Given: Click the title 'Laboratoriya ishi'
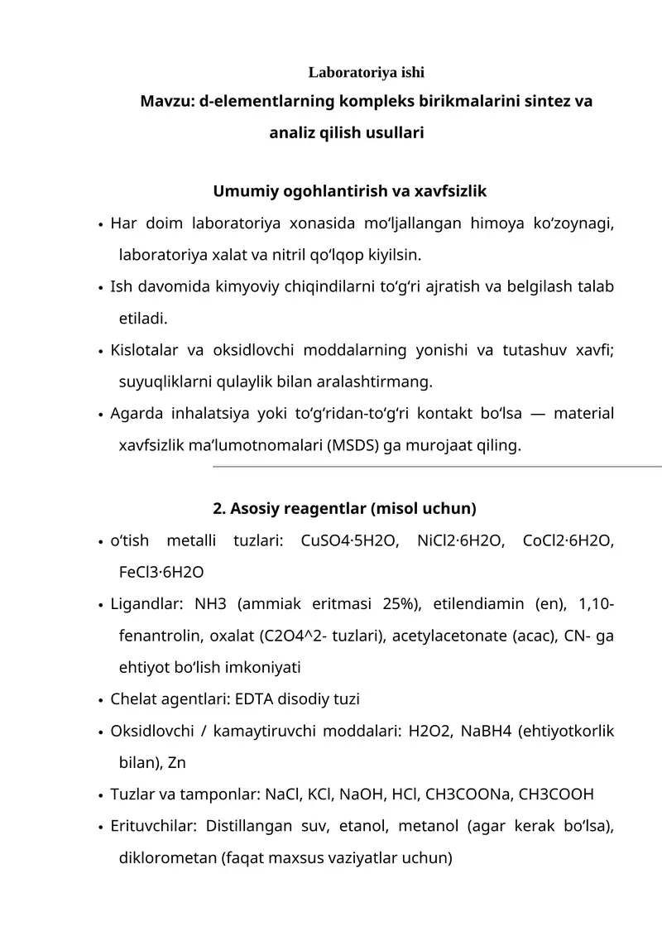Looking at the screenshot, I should click(x=367, y=73).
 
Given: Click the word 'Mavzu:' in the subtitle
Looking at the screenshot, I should click(x=167, y=102).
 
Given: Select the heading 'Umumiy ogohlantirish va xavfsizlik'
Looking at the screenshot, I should click(x=350, y=191).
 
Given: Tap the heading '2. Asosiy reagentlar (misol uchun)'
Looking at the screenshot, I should click(x=344, y=506).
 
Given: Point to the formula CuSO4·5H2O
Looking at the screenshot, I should click(x=350, y=541).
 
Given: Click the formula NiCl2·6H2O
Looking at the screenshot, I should click(x=461, y=541).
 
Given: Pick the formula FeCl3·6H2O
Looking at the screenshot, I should click(x=161, y=572).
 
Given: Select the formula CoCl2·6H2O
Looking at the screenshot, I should click(x=568, y=541).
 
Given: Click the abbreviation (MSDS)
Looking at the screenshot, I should click(x=353, y=446).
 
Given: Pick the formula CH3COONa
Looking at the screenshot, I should click(x=468, y=794).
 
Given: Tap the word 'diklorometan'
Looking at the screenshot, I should click(x=168, y=857).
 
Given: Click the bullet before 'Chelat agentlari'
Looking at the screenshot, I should click(x=100, y=700).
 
